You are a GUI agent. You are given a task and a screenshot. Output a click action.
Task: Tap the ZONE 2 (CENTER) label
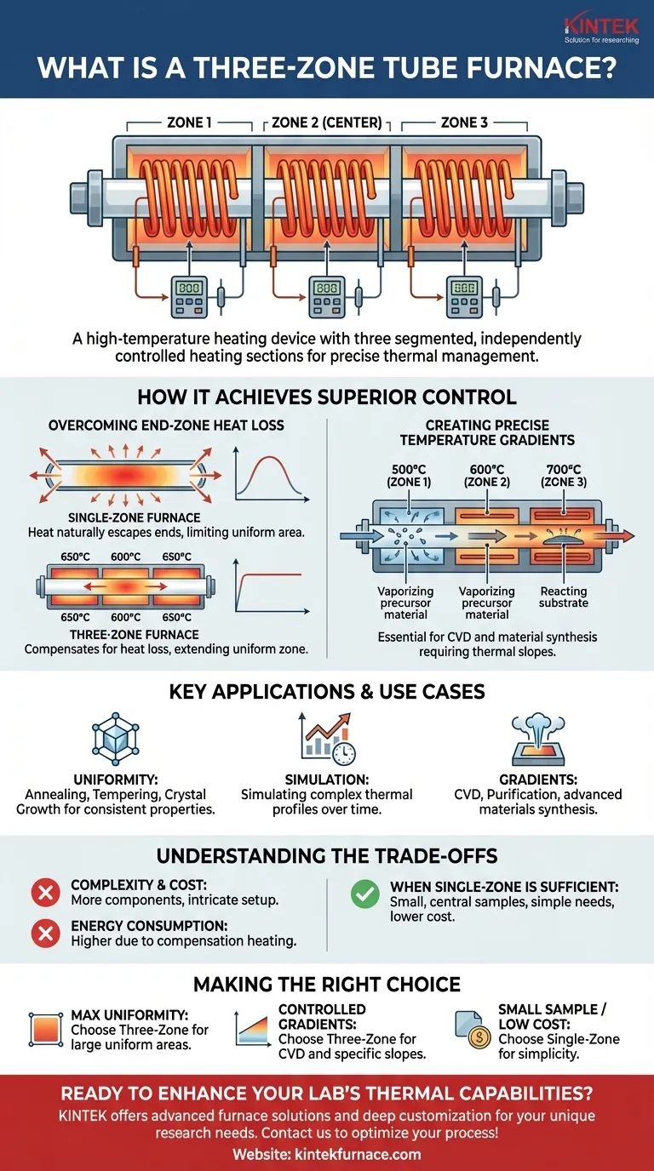point(327,123)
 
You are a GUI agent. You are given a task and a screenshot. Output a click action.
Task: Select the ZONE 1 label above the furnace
point(189,123)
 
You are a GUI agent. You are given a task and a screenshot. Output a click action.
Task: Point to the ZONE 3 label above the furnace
point(464,123)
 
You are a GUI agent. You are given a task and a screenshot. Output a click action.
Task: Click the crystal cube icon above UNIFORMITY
point(115,737)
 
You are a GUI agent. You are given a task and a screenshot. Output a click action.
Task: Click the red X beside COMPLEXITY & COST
point(44,892)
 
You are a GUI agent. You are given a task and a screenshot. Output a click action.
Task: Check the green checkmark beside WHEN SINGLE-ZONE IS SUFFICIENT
point(364,892)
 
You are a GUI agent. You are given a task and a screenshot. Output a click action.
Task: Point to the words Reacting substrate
point(563,597)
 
